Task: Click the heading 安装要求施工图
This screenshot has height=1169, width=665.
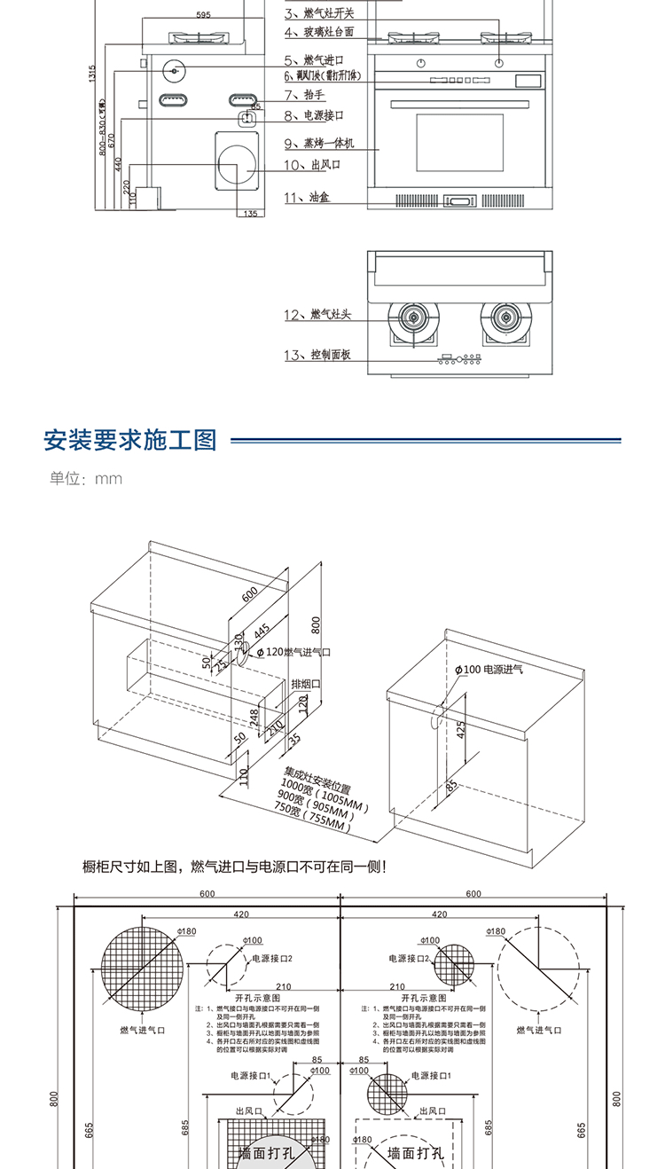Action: pos(130,440)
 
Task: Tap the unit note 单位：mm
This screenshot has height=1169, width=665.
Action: pos(86,479)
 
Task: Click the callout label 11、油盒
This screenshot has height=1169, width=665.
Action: pos(307,198)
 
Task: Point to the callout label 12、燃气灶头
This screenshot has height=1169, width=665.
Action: pos(318,316)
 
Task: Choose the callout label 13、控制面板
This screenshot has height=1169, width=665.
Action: pos(318,355)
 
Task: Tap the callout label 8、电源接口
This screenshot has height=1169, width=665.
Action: pos(313,115)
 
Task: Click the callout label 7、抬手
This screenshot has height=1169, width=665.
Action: pos(301,94)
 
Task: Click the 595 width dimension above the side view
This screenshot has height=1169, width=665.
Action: pos(204,15)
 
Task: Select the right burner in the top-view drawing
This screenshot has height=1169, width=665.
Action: pos(505,317)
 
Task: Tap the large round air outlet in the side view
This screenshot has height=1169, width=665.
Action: pos(237,167)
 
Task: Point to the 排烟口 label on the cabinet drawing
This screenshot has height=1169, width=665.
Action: pos(306,685)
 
